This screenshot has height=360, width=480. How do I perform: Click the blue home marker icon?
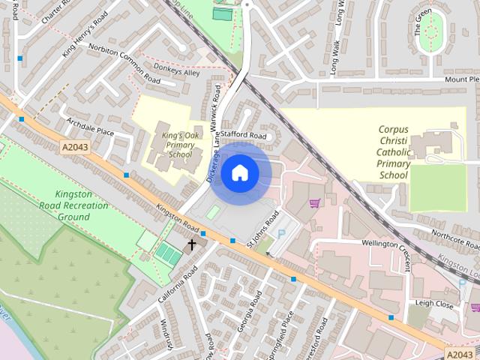(x=239, y=173)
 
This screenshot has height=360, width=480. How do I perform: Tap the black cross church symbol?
(x=191, y=244)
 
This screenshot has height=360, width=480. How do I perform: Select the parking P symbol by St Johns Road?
(x=281, y=234)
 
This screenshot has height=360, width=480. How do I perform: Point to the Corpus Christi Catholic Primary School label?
(x=394, y=152)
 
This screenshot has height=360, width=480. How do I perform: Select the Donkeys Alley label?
(x=182, y=73)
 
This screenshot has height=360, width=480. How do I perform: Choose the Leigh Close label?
(x=434, y=304)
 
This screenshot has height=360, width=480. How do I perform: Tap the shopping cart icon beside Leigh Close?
(x=475, y=307)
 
